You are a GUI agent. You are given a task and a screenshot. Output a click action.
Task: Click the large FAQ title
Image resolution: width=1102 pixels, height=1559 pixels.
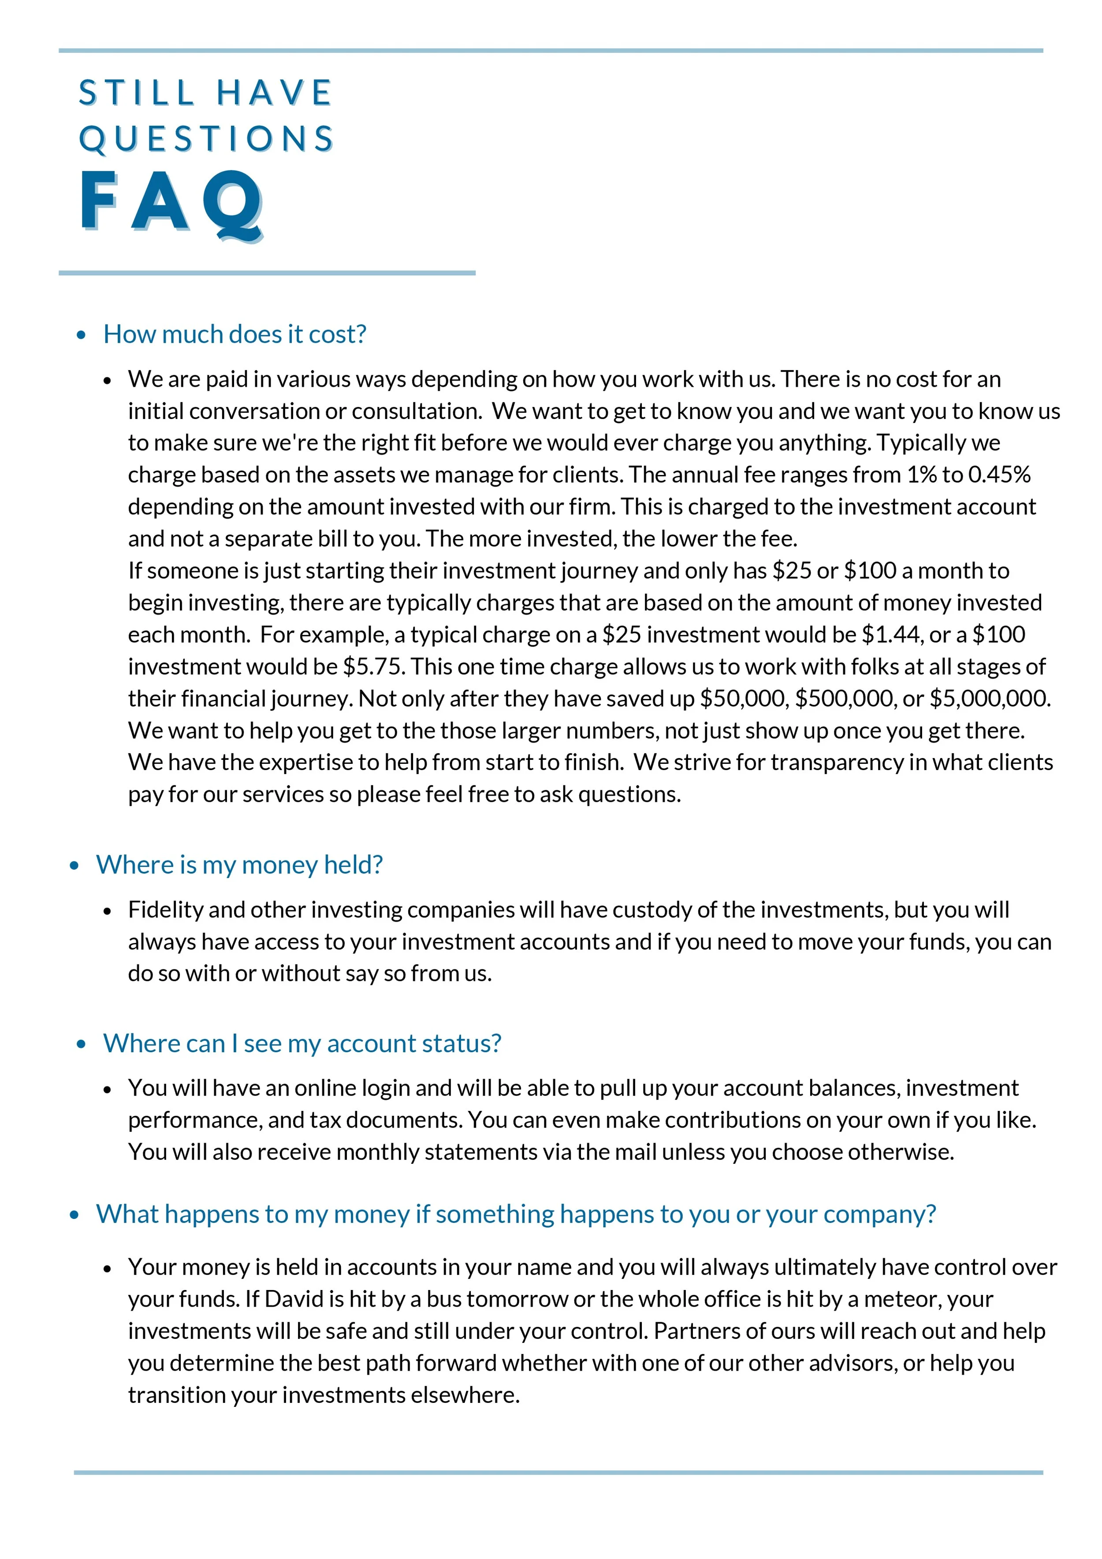[171, 202]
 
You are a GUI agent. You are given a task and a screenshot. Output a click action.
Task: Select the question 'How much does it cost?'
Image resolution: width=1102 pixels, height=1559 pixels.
[235, 334]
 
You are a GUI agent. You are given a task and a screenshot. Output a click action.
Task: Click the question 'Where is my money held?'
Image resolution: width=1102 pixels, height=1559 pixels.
[239, 865]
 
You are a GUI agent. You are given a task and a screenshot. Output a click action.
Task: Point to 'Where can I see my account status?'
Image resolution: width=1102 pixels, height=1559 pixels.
[302, 1043]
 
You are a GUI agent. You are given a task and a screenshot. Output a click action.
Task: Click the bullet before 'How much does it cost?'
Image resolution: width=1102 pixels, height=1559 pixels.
[82, 335]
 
